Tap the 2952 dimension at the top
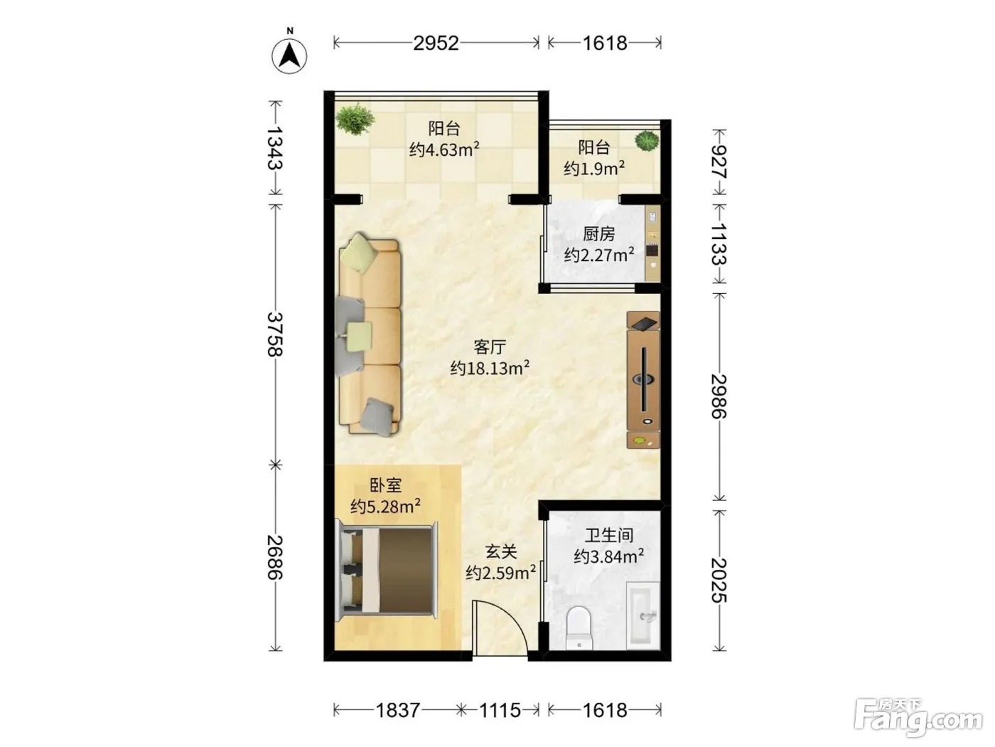pos(436,43)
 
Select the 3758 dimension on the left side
pos(275,334)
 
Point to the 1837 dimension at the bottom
pos(398,710)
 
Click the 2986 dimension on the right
pos(719,396)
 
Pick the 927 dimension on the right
pos(719,162)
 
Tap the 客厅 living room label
pos(490,347)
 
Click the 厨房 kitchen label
pos(599,234)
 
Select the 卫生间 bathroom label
pos(609,535)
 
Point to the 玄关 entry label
pos(501,551)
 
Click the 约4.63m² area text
pos(444,149)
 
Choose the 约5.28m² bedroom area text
pos(385,506)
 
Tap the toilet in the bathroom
pos(579,628)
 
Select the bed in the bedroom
pos(387,570)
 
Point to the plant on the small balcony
pos(647,141)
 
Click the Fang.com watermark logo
pos(918,718)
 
